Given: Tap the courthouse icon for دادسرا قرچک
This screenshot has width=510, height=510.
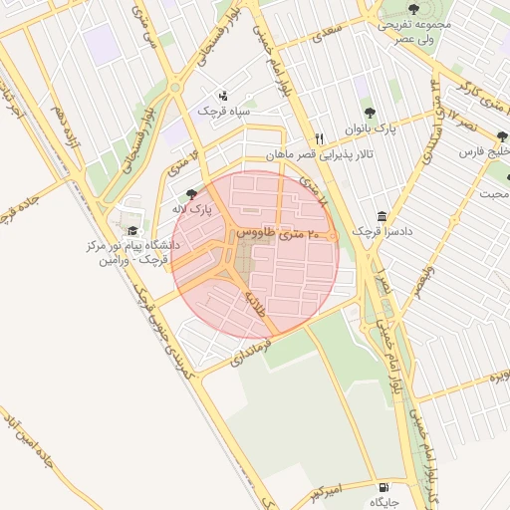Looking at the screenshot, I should (382, 216).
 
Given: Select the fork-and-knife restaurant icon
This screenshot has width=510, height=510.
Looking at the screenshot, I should (319, 139).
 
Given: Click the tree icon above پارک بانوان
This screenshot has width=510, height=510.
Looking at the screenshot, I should (371, 114).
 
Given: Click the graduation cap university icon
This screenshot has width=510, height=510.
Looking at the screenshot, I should (132, 231).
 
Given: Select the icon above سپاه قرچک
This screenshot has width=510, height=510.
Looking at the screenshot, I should (222, 96).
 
